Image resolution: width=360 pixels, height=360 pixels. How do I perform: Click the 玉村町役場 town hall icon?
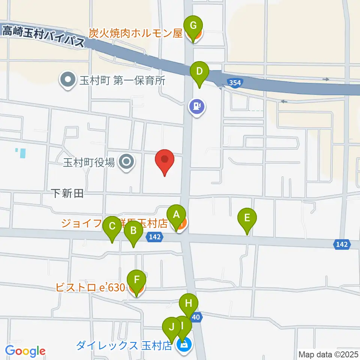[x=126, y=162]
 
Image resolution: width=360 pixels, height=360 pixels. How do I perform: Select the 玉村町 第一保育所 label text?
[x=122, y=80]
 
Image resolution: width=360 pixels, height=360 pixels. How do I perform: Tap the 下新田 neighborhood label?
[x=67, y=193]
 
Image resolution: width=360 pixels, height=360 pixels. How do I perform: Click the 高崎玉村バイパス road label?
[x=43, y=36]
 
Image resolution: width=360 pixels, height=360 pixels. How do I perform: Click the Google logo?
[x=25, y=351]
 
